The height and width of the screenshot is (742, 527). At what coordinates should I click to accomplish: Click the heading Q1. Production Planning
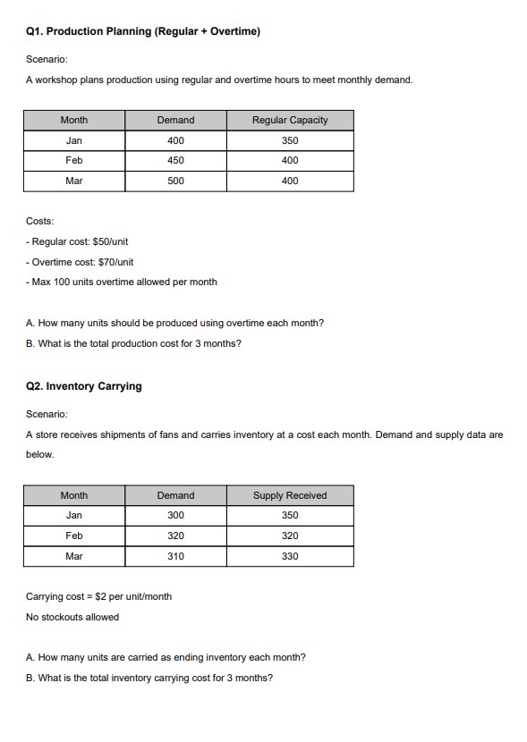[143, 32]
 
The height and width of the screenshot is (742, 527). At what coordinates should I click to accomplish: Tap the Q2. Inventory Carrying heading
[84, 386]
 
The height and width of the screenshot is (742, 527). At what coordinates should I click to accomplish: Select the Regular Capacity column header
[289, 120]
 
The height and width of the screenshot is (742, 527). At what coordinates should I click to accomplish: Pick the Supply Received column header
[289, 495]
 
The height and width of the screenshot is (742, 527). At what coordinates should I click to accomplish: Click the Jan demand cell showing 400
[175, 140]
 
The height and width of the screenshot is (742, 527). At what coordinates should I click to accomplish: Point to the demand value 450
[175, 160]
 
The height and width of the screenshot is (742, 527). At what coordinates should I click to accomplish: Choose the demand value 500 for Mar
[175, 181]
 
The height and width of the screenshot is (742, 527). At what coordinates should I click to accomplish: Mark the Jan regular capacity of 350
[289, 140]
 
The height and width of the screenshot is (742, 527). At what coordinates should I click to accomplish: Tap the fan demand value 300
[175, 515]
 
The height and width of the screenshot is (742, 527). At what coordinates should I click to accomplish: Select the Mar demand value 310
[175, 556]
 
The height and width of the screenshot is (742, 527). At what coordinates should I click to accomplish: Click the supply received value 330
[289, 556]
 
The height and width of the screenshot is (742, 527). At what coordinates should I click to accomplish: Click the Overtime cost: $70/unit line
[81, 262]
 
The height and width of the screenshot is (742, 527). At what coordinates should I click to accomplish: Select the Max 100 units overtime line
[122, 282]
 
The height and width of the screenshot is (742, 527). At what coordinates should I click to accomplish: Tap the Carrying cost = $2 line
[98, 596]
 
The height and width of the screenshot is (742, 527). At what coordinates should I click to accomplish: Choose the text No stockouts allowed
[72, 617]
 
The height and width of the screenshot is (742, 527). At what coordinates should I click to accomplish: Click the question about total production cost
[133, 343]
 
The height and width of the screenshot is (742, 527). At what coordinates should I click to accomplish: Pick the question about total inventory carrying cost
[149, 677]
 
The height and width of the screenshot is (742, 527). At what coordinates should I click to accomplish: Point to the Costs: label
[39, 221]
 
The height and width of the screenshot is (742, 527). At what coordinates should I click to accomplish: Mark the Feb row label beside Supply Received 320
[74, 535]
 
